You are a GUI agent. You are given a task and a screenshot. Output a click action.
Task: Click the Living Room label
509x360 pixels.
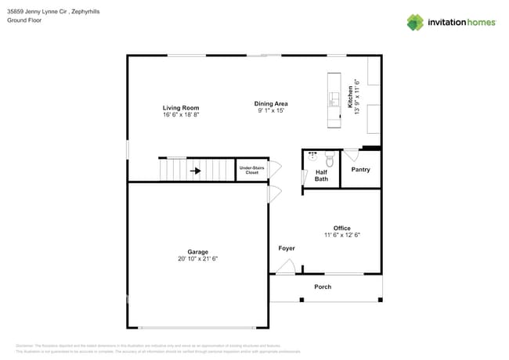tap(180, 108)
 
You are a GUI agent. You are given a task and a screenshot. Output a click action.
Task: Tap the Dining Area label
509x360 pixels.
tap(271, 103)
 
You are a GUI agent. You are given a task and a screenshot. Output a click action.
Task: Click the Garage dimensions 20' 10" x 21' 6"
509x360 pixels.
tap(197, 258)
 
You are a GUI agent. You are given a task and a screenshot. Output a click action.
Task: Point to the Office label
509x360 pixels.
tap(341, 228)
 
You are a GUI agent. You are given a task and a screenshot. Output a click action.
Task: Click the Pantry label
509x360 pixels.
tap(360, 170)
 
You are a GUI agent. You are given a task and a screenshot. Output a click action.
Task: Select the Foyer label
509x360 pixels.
tap(287, 248)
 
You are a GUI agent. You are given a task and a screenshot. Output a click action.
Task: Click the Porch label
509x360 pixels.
tap(323, 286)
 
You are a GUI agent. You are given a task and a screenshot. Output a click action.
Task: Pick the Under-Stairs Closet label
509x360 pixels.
tap(251, 170)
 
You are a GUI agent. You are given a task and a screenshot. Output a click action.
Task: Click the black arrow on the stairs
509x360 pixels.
tap(196, 170)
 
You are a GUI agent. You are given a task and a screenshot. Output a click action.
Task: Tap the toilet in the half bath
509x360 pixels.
tap(330, 160)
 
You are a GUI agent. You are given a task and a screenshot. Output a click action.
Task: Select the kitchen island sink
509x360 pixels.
tap(332, 99)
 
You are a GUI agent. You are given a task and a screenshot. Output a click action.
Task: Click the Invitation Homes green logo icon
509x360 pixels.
tap(415, 22)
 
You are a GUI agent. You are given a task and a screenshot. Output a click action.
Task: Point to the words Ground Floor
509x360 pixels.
tap(23, 20)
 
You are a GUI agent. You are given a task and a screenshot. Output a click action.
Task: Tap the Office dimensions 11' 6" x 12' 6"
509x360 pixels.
tap(341, 235)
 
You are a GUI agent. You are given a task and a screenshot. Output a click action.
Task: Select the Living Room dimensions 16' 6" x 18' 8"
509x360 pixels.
tap(180, 115)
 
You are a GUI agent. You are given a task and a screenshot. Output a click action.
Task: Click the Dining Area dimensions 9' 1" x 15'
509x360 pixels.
tap(271, 110)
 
